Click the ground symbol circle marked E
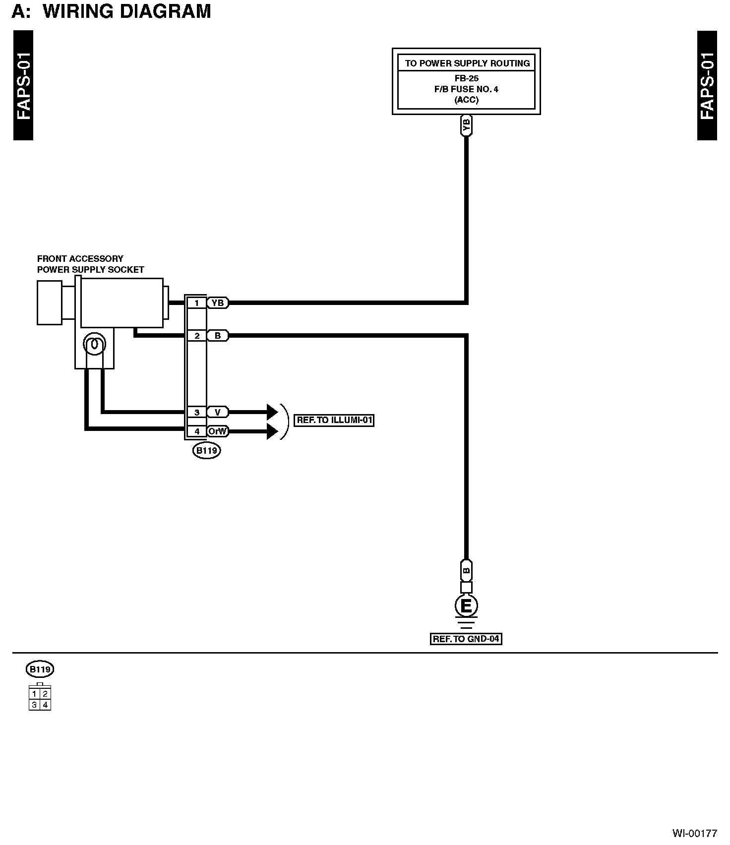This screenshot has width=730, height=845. pyautogui.click(x=466, y=605)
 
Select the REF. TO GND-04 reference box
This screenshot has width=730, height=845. pyautogui.click(x=466, y=639)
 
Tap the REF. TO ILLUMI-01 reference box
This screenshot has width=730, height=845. pyautogui.click(x=334, y=420)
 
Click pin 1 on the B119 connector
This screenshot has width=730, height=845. pyautogui.click(x=197, y=302)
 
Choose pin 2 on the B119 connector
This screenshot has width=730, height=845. pyautogui.click(x=197, y=336)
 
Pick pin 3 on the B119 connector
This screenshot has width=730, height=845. pyautogui.click(x=197, y=412)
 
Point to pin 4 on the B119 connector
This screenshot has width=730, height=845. pyautogui.click(x=197, y=431)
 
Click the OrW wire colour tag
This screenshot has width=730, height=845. pyautogui.click(x=217, y=431)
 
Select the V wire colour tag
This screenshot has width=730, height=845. pyautogui.click(x=217, y=412)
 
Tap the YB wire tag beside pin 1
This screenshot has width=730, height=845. pyautogui.click(x=217, y=302)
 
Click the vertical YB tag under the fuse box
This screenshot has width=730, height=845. pyautogui.click(x=466, y=125)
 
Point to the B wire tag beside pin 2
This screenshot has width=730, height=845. pyautogui.click(x=217, y=336)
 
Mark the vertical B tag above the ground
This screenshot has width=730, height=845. pyautogui.click(x=466, y=570)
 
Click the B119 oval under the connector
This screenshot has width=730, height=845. pyautogui.click(x=206, y=451)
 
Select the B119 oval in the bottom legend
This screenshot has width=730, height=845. pyautogui.click(x=40, y=669)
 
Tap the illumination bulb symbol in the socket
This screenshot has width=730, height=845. pyautogui.click(x=94, y=344)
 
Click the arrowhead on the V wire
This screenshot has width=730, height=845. pyautogui.click(x=272, y=412)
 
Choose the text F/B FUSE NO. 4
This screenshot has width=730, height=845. pyautogui.click(x=466, y=89)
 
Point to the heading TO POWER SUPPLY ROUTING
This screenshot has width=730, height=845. pyautogui.click(x=467, y=63)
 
